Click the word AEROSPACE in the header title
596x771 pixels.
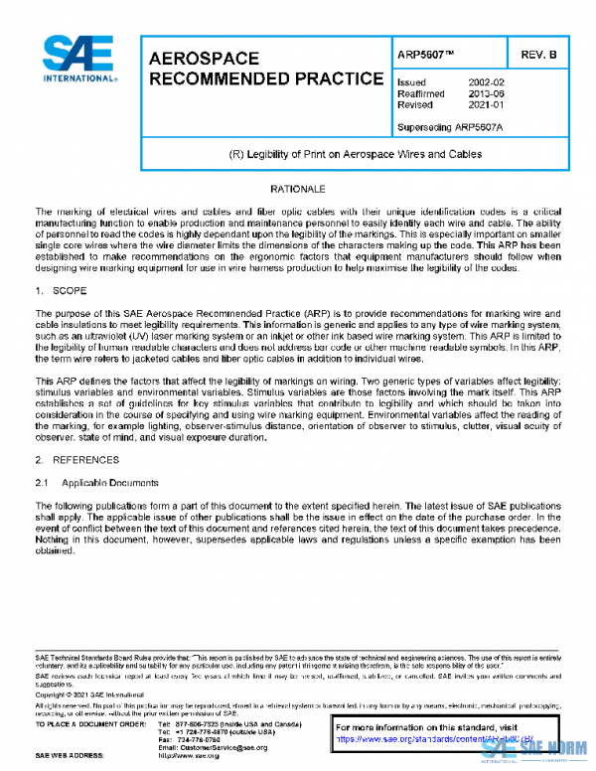[x=204, y=59]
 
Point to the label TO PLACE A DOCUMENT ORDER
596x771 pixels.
[x=88, y=723]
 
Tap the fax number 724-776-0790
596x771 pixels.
[x=198, y=739]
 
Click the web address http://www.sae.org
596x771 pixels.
[x=190, y=756]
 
